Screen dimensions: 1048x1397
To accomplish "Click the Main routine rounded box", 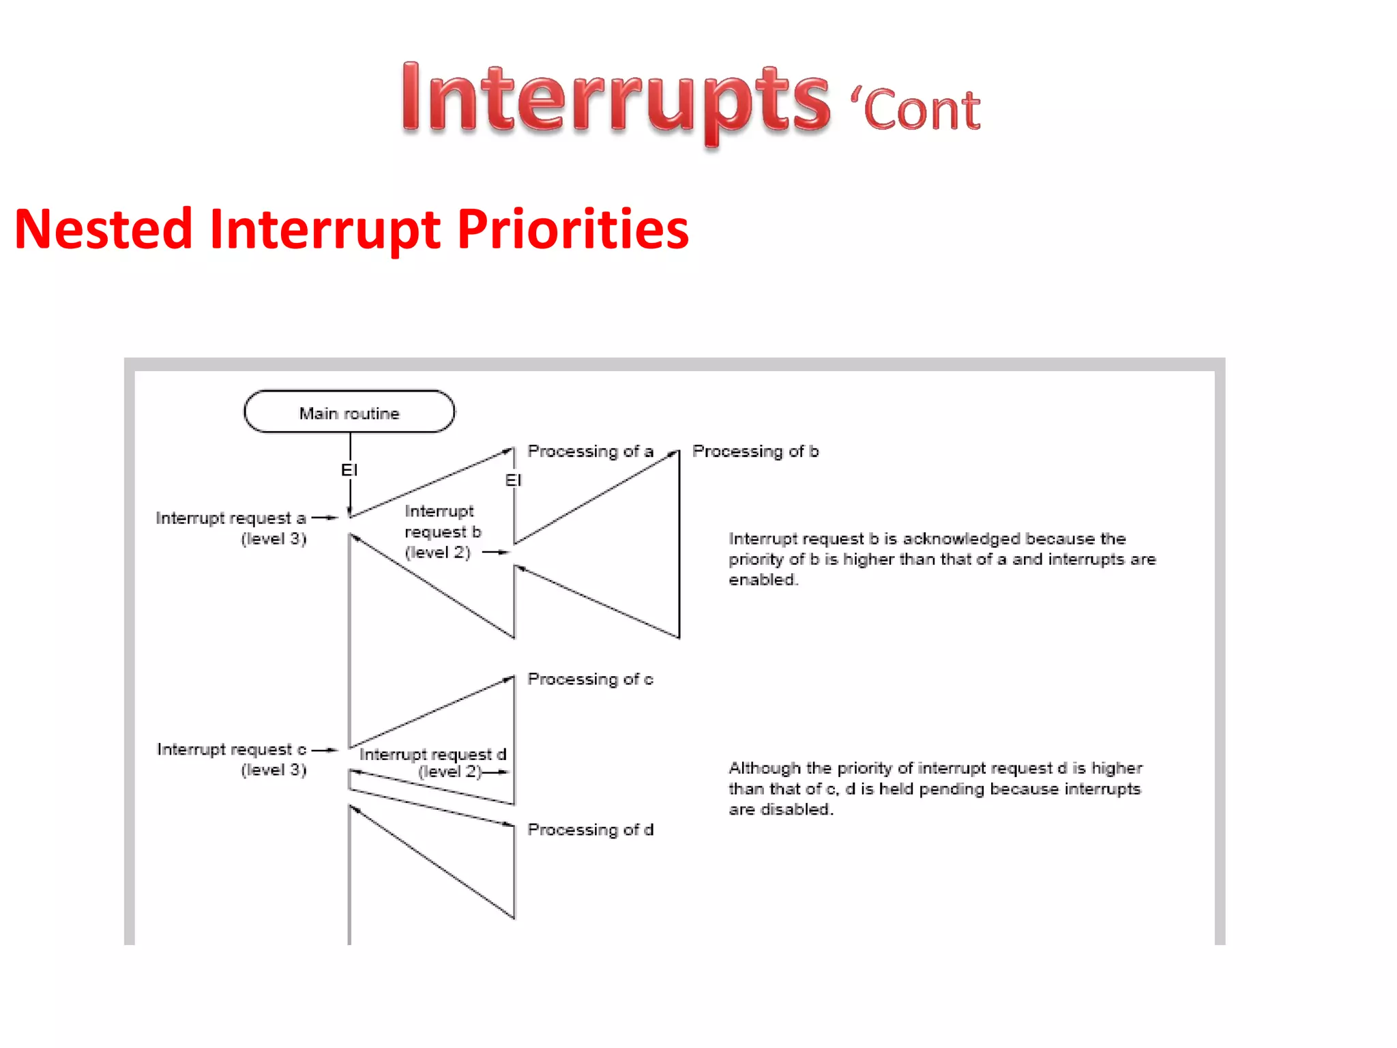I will point(349,412).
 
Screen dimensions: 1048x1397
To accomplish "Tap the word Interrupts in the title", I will point(615,100).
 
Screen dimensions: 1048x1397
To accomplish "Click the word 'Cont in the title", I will point(915,110).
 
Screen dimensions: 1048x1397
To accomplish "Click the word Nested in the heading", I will point(103,230).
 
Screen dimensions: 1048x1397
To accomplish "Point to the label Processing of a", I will point(590,452).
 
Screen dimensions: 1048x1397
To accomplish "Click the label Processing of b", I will point(755,452).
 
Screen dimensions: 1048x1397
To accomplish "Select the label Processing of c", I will point(590,680).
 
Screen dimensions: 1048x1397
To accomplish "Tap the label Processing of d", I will point(590,830).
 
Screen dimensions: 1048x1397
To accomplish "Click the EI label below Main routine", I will point(349,470).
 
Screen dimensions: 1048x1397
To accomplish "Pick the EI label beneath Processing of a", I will point(513,480).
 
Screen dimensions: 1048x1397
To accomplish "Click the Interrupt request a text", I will point(231,519).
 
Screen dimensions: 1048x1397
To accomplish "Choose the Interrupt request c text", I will point(231,750).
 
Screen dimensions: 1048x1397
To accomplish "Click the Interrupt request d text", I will point(432,755).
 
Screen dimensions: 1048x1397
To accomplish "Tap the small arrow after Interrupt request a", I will point(325,519).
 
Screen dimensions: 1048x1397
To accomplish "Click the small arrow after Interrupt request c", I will point(325,750).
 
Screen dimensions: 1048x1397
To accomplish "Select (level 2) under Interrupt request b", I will point(438,553).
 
